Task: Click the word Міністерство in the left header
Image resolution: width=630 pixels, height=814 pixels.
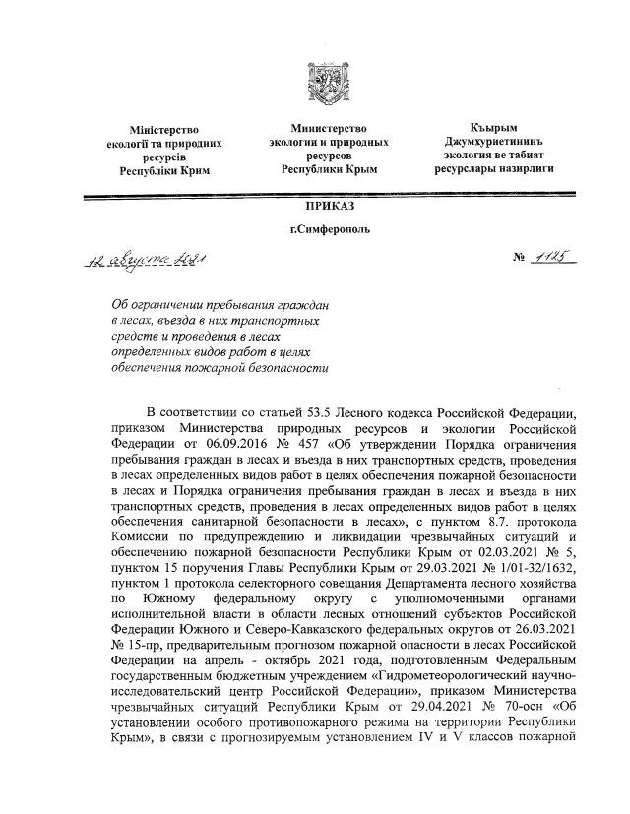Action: coord(164,129)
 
